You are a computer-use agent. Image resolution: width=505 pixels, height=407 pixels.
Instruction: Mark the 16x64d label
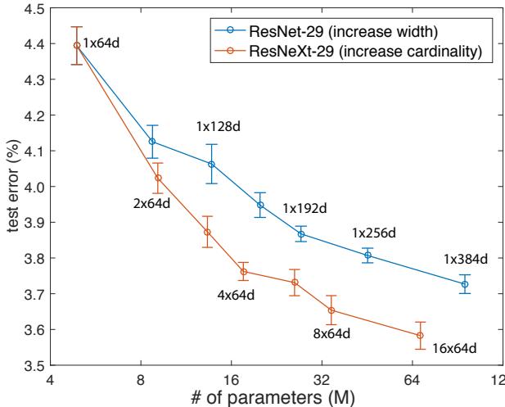[x=452, y=349]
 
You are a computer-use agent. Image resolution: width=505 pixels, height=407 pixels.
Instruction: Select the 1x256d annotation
[x=374, y=233]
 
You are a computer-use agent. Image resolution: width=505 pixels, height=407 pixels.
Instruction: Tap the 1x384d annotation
[x=466, y=259]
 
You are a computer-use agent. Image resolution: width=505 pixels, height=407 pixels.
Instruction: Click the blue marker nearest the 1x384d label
[x=465, y=284]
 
